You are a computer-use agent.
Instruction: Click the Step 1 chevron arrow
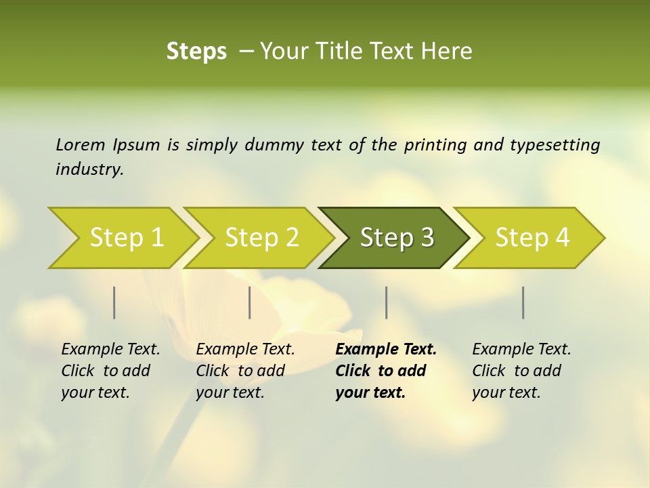pos(126,238)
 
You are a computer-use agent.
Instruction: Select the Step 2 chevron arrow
pos(261,238)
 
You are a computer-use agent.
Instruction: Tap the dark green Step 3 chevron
pos(397,238)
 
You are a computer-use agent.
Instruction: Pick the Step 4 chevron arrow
pos(532,238)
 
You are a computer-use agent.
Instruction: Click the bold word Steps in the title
pos(196,52)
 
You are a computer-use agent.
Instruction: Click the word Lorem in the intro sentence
pos(81,144)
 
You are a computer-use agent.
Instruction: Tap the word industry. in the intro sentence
pos(90,169)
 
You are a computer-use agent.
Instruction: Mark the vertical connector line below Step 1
pos(114,302)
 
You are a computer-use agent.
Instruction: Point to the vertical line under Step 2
pos(250,302)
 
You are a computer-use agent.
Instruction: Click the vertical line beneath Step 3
pos(387,302)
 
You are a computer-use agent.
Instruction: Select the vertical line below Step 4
pos(523,302)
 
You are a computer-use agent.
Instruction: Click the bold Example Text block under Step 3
pos(386,371)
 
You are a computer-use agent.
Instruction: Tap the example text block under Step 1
pos(110,371)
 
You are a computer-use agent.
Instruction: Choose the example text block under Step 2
pos(245,371)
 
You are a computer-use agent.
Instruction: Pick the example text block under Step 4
pos(521,371)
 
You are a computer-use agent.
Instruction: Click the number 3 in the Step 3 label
pos(427,238)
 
